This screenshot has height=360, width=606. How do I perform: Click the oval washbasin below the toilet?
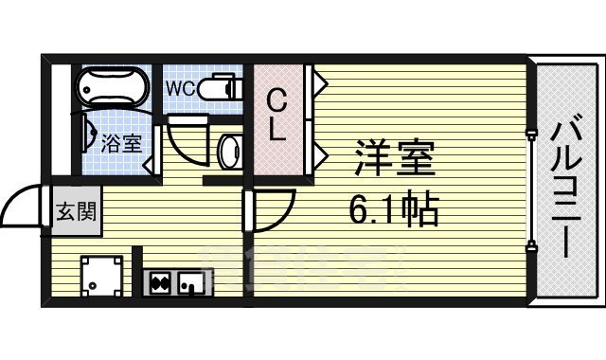pos(227,149)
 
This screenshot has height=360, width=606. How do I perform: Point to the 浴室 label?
pos(122,144)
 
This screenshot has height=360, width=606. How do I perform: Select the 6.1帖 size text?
pos(396,208)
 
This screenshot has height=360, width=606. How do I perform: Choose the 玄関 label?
pos(73,210)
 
